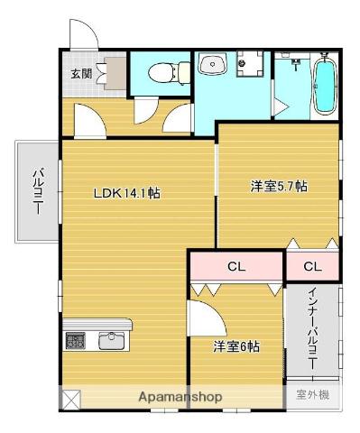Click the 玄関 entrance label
point(81,74)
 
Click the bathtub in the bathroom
point(325,86)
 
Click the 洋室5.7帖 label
point(278,187)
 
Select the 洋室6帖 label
point(236,346)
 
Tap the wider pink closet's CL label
point(235,266)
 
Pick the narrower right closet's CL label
point(312,266)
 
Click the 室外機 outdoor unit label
point(311,394)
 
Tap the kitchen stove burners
point(75,341)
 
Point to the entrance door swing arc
point(83,36)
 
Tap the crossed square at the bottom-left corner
point(71,397)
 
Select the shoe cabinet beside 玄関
point(115,74)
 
